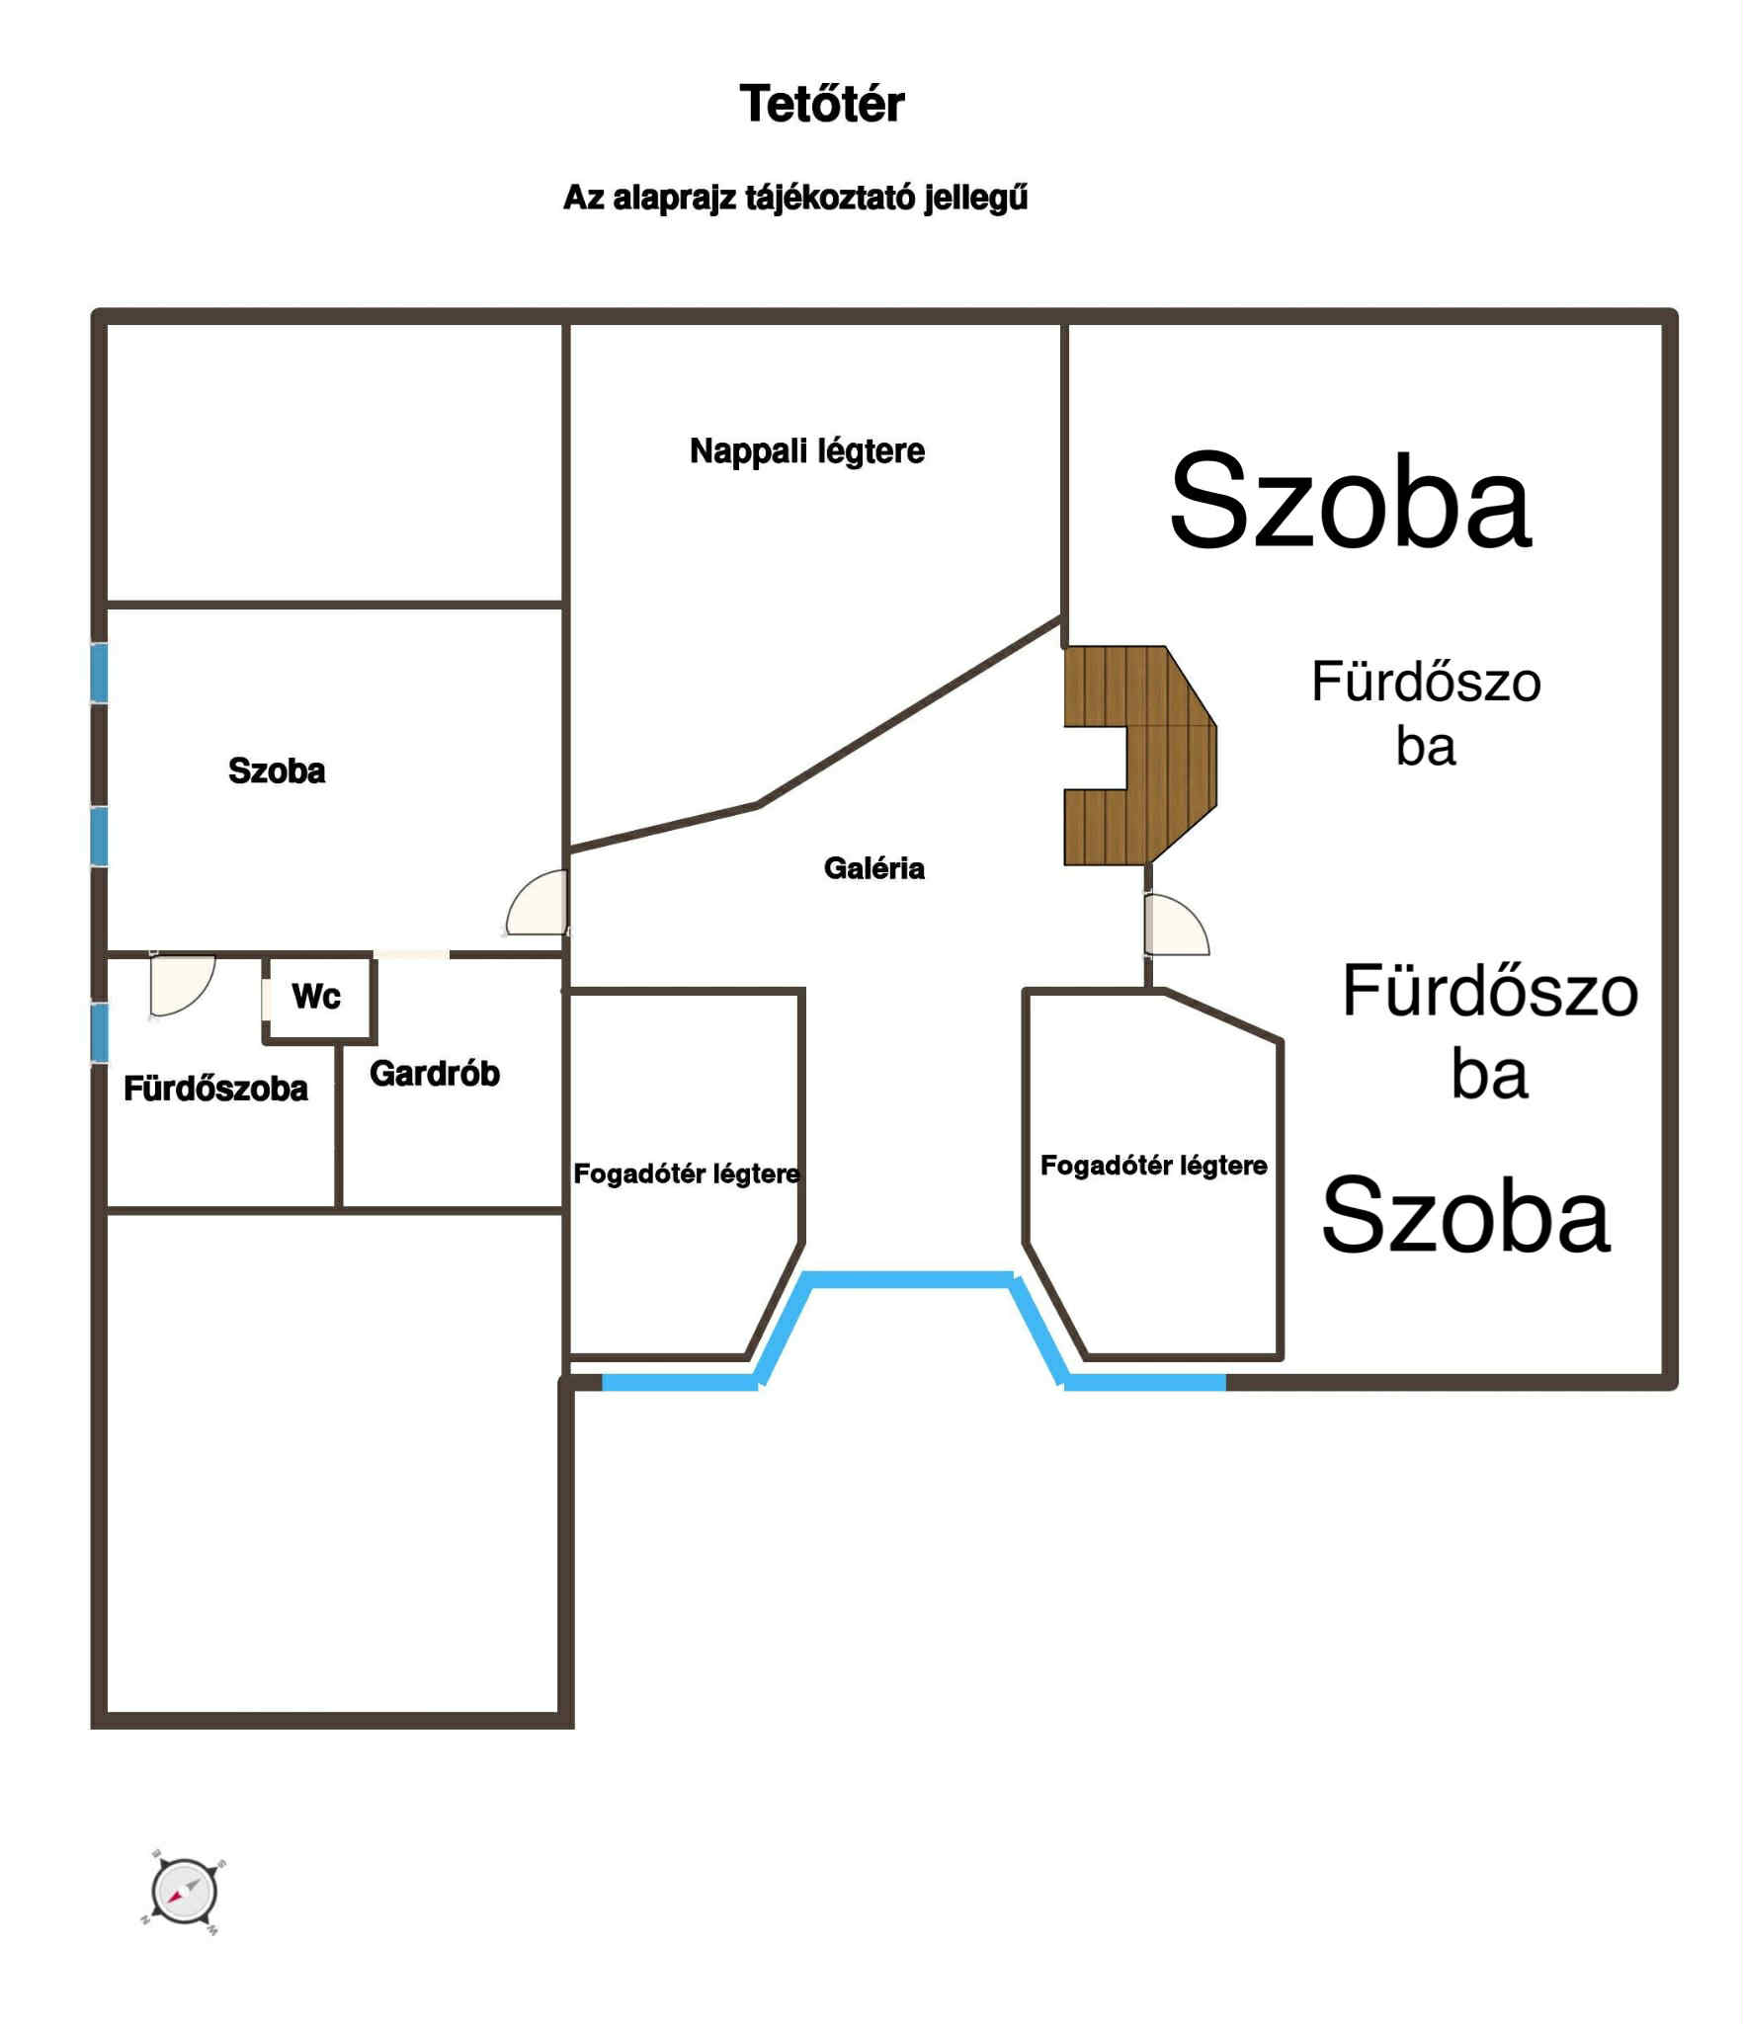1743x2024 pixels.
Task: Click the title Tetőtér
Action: [x=822, y=104]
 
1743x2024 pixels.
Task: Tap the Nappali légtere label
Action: [x=807, y=451]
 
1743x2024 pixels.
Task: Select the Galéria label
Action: [x=874, y=868]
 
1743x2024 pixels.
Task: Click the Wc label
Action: [x=316, y=996]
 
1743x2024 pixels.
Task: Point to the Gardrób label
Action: [x=435, y=1074]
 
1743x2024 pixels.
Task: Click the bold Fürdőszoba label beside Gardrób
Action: [x=215, y=1089]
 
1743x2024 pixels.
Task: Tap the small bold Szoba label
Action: [x=277, y=770]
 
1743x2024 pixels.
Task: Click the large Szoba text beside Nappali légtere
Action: [x=1351, y=500]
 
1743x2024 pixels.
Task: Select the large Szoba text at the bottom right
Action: [x=1466, y=1215]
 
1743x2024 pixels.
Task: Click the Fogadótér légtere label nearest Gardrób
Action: [x=687, y=1174]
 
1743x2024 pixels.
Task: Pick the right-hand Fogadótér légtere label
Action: [x=1154, y=1166]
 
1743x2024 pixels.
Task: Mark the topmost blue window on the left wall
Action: [x=99, y=673]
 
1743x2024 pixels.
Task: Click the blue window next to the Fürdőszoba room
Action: [x=99, y=1033]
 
